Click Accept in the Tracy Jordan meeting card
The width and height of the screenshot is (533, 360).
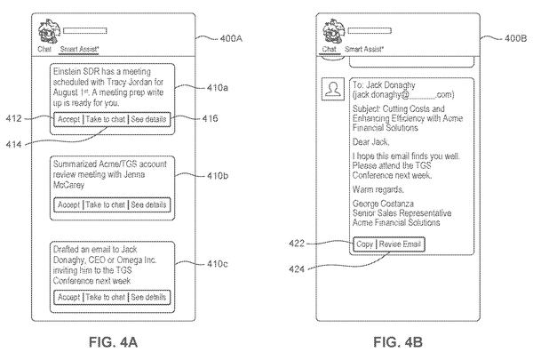tap(68, 119)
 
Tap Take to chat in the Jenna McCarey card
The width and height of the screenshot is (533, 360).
tap(106, 204)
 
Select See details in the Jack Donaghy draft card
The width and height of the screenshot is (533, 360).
tap(148, 297)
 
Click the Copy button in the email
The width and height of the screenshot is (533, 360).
tap(365, 244)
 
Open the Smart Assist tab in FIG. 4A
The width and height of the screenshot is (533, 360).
tap(79, 50)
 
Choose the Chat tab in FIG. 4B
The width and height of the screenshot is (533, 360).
tap(329, 50)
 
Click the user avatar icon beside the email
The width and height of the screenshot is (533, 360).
tap(333, 89)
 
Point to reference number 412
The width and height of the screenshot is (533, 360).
tap(13, 119)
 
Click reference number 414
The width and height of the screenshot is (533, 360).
tap(13, 145)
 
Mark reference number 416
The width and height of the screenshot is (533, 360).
tap(210, 119)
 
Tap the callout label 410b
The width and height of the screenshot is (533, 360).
tap(218, 176)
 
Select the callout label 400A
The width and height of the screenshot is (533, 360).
tap(231, 38)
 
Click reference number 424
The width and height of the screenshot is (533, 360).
tap(297, 269)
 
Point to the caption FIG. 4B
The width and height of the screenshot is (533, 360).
tap(398, 342)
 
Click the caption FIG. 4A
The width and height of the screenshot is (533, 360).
tap(113, 342)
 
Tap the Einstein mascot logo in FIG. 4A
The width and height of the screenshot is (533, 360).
tap(49, 31)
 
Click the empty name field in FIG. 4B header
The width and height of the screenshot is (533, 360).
tap(370, 31)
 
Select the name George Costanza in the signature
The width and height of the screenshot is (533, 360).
tap(383, 204)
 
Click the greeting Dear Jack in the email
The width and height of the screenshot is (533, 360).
tap(370, 142)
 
